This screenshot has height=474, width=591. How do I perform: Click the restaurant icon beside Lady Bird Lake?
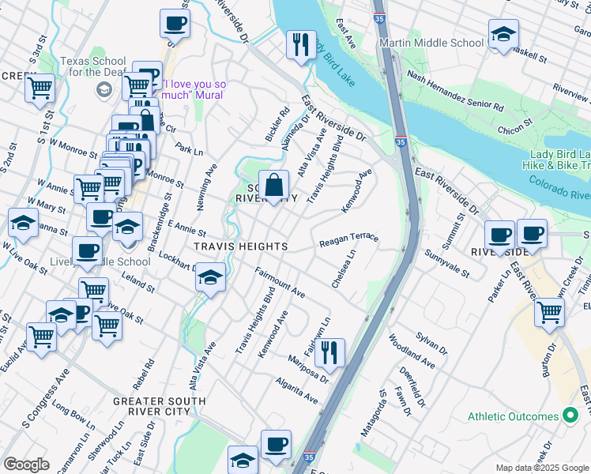pos(300,44)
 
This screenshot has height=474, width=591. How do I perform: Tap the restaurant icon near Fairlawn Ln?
pos(329,352)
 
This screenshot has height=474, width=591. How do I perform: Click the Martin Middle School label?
pos(431,43)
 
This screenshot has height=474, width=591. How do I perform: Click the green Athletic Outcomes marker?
pos(569,416)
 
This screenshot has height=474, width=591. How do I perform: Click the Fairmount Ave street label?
pos(280,282)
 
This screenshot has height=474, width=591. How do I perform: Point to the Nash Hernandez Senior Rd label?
pos(455,90)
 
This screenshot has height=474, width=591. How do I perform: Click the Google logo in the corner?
pos(27,465)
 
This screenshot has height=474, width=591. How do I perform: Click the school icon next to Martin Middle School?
pos(503,35)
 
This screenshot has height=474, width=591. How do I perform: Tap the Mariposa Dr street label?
pos(307,373)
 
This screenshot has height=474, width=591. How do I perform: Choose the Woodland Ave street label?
pos(411,352)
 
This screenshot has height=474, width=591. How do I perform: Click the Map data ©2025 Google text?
pos(542,468)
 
